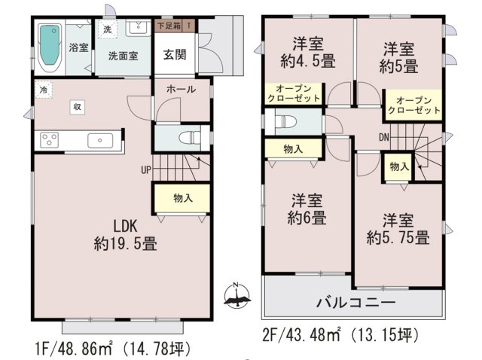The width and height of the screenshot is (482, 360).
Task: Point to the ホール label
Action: pyautogui.click(x=182, y=89)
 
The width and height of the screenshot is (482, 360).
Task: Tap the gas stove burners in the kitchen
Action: pyautogui.click(x=50, y=140)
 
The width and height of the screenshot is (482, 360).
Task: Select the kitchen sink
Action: pyautogui.click(x=100, y=140)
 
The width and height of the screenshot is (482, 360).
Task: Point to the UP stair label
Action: pyautogui.click(x=145, y=169)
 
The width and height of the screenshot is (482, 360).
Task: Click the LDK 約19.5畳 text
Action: pyautogui.click(x=125, y=234)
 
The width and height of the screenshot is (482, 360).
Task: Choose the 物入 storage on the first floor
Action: pyautogui.click(x=182, y=198)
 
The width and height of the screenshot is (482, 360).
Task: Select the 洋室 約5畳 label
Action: pyautogui.click(x=397, y=58)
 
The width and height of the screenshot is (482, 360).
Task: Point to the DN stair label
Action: pyautogui.click(x=383, y=137)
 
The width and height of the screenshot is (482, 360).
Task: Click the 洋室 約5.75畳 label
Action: pyautogui.click(x=398, y=230)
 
